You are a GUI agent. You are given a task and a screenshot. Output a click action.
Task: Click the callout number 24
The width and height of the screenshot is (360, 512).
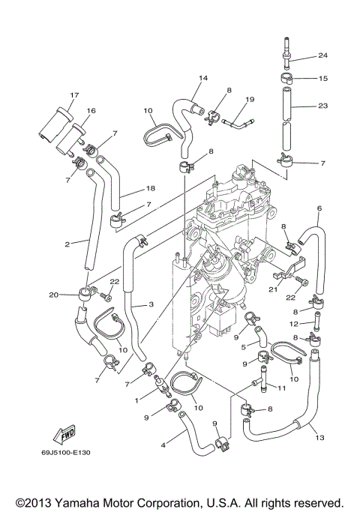point(322,55)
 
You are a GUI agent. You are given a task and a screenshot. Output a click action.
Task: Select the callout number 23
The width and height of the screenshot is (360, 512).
point(322,106)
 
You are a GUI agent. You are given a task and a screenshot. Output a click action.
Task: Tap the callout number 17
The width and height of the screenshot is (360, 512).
point(74,94)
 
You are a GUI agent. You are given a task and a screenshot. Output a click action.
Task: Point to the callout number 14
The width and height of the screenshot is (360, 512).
point(202,78)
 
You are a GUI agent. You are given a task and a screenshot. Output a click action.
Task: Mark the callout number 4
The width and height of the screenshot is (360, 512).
point(163,445)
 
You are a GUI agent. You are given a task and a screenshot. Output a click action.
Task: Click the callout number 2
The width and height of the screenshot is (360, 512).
point(67,244)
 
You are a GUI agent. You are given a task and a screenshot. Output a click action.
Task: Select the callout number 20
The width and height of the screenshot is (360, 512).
point(74,294)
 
